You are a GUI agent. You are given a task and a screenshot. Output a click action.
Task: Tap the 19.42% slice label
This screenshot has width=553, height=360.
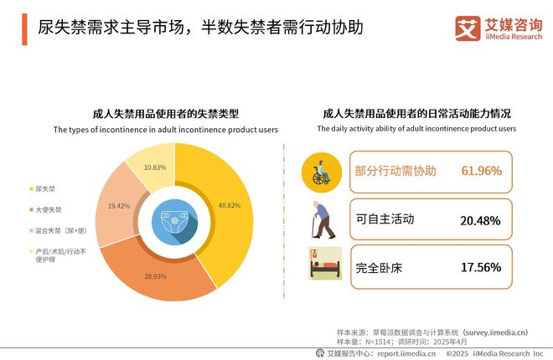119,205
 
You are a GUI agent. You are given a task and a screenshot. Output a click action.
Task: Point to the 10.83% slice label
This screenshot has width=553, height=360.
154,167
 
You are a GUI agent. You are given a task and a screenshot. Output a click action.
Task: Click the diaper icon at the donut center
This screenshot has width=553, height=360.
173,220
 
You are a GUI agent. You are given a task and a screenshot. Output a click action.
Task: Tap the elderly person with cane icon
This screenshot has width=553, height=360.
323,219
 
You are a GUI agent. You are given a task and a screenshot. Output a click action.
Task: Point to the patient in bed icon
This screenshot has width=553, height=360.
323,265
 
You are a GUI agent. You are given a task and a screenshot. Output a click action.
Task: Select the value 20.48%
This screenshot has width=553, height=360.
481,220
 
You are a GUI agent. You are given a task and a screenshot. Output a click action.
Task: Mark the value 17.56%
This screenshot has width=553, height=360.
481,268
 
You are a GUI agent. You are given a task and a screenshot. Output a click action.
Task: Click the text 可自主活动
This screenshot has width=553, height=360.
385,219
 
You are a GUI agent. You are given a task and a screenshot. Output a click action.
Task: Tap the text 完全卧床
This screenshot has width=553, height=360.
379,267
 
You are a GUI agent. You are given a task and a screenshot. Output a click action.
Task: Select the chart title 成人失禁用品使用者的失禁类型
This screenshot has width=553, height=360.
166,115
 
